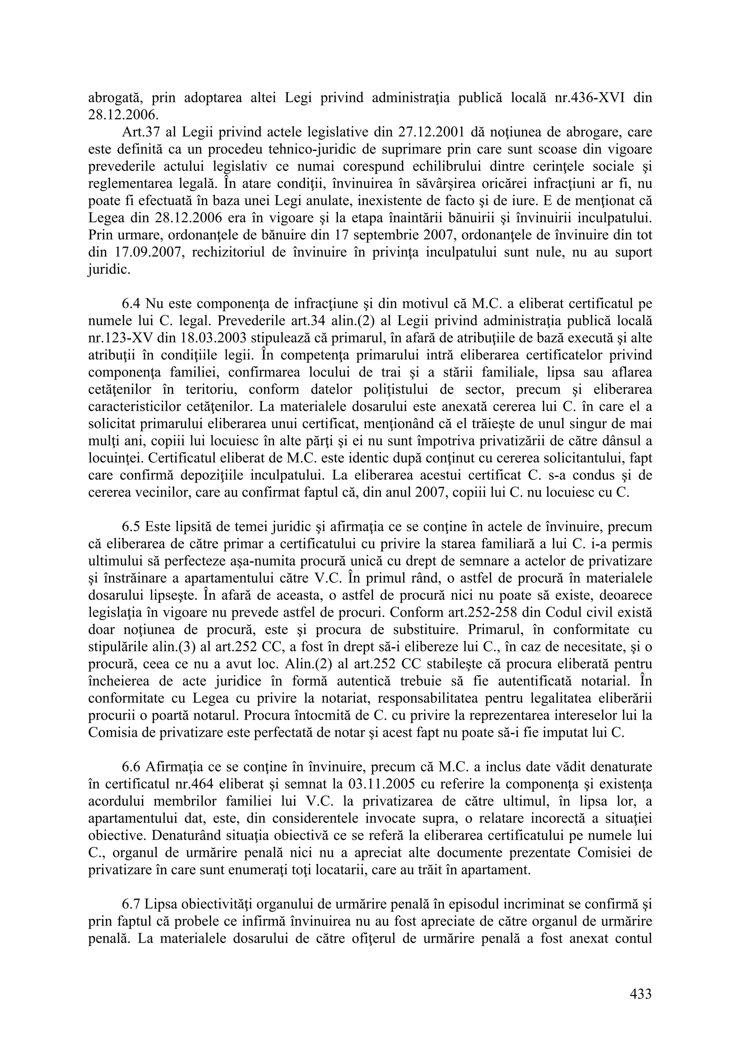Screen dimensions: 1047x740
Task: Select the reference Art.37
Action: pyautogui.click(x=138, y=132)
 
